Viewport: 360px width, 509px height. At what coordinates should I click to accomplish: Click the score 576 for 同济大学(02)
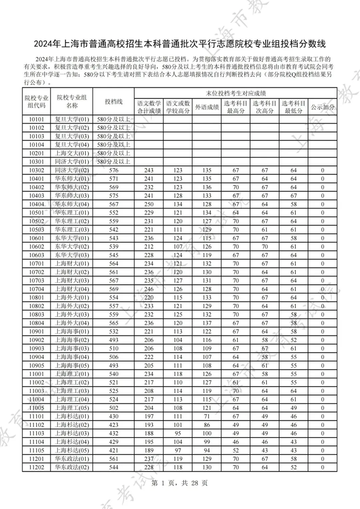(x=113, y=170)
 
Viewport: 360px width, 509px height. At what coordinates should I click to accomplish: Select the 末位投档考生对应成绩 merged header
(x=236, y=93)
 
